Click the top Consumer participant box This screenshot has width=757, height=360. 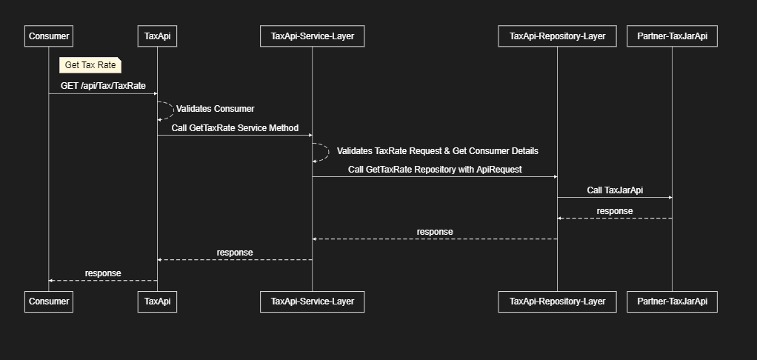[49, 36]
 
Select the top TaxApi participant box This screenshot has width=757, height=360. [158, 36]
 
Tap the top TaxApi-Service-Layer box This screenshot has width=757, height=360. [312, 36]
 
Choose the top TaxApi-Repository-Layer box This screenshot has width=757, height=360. [557, 36]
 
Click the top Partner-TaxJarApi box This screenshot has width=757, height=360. [672, 36]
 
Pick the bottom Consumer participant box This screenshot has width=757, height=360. [49, 301]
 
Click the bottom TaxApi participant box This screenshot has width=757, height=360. [158, 301]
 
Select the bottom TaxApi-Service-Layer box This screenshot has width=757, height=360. [312, 301]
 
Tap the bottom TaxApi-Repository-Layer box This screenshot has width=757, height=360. [557, 301]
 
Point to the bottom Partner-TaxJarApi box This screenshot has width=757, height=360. [672, 301]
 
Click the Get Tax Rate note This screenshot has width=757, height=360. [90, 65]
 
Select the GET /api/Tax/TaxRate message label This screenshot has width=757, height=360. [103, 86]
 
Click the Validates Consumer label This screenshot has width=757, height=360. [215, 109]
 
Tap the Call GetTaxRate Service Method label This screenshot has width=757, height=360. [235, 128]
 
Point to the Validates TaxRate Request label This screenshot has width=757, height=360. [437, 150]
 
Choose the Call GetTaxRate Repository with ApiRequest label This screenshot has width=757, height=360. [435, 170]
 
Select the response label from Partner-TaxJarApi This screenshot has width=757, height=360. [615, 211]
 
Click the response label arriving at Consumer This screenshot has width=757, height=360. [103, 273]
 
